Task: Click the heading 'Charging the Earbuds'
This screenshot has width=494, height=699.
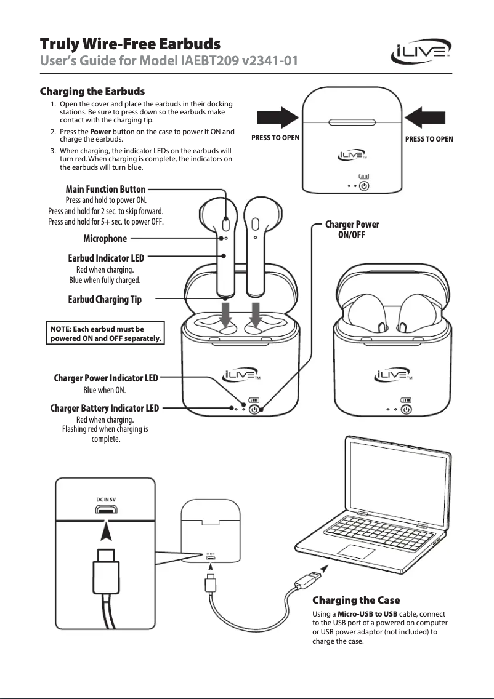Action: [92, 92]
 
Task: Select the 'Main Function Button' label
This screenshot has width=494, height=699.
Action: [105, 189]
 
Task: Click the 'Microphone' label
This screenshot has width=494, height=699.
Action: [105, 238]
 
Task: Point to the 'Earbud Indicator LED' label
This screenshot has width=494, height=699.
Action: [106, 258]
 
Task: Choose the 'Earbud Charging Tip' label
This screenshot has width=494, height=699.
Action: [105, 300]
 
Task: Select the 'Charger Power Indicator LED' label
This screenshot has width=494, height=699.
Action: [106, 378]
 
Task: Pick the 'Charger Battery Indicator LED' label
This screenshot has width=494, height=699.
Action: [104, 408]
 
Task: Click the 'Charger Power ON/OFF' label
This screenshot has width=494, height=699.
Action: [352, 229]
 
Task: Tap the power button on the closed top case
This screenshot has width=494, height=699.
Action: [364, 185]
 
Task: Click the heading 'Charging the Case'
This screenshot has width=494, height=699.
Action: [356, 600]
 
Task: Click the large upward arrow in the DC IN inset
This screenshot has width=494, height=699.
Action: [107, 530]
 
